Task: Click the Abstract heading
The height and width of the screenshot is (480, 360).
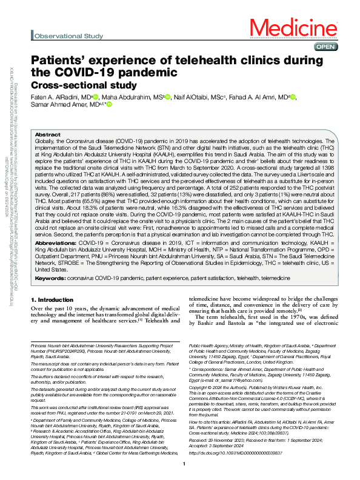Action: tap(48, 135)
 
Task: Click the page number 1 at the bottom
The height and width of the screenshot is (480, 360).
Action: tap(184, 464)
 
